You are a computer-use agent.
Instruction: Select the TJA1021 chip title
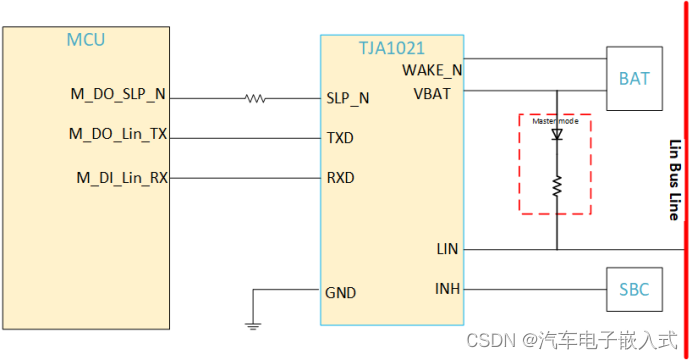pyautogui.click(x=391, y=48)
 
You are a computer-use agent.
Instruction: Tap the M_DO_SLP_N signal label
pyautogui.click(x=118, y=95)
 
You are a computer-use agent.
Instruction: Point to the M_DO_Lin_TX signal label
pyautogui.click(x=118, y=133)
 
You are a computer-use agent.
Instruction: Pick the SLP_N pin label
pyautogui.click(x=348, y=99)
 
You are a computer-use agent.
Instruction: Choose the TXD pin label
pyautogui.click(x=340, y=137)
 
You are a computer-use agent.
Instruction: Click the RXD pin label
pyautogui.click(x=340, y=178)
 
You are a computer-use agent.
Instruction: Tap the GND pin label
pyautogui.click(x=340, y=293)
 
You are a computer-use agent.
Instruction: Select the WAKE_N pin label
pyautogui.click(x=432, y=70)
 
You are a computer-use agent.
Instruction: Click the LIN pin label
pyautogui.click(x=447, y=248)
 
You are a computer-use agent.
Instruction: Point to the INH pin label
pyautogui.click(x=447, y=289)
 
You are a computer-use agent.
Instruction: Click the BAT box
pyautogui.click(x=634, y=78)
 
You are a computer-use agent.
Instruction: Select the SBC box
pyautogui.click(x=634, y=290)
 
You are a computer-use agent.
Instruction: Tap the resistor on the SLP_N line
pyautogui.click(x=256, y=99)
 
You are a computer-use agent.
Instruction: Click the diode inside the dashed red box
pyautogui.click(x=557, y=133)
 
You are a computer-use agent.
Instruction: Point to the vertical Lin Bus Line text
pyautogui.click(x=673, y=180)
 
